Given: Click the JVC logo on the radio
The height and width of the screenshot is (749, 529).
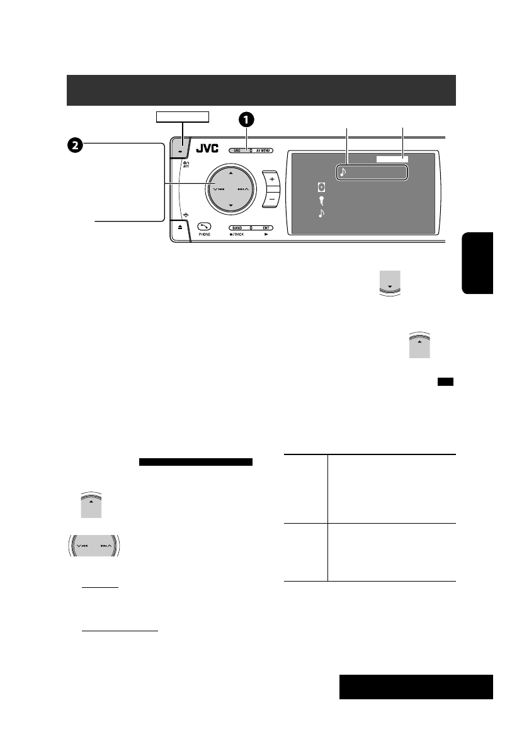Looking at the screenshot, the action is [208, 149].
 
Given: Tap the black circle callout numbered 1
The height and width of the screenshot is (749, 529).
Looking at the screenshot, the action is [246, 120].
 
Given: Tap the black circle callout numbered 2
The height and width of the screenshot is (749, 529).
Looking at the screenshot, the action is [74, 145].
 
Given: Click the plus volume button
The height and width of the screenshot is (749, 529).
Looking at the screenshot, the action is [272, 179].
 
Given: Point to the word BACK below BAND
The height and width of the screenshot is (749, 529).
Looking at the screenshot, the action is [243, 234].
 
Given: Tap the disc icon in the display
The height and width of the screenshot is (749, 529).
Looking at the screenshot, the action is [322, 188].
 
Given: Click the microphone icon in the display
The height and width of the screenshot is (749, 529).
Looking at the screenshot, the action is [322, 201].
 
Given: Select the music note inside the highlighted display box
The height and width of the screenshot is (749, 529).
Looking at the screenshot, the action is [343, 171].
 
